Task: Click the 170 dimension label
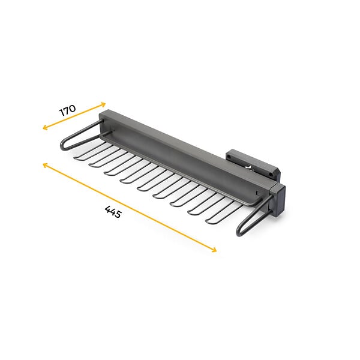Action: (x=67, y=110)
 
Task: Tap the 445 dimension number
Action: (x=113, y=212)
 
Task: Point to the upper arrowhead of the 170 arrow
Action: (x=104, y=104)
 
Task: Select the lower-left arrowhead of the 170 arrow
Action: (x=44, y=128)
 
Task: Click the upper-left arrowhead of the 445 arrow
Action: (x=45, y=164)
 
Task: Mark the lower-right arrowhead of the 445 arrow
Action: (x=214, y=250)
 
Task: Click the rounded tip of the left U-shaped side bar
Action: (x=62, y=146)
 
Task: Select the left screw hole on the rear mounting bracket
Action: (x=229, y=158)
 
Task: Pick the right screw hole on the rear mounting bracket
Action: (x=271, y=175)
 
